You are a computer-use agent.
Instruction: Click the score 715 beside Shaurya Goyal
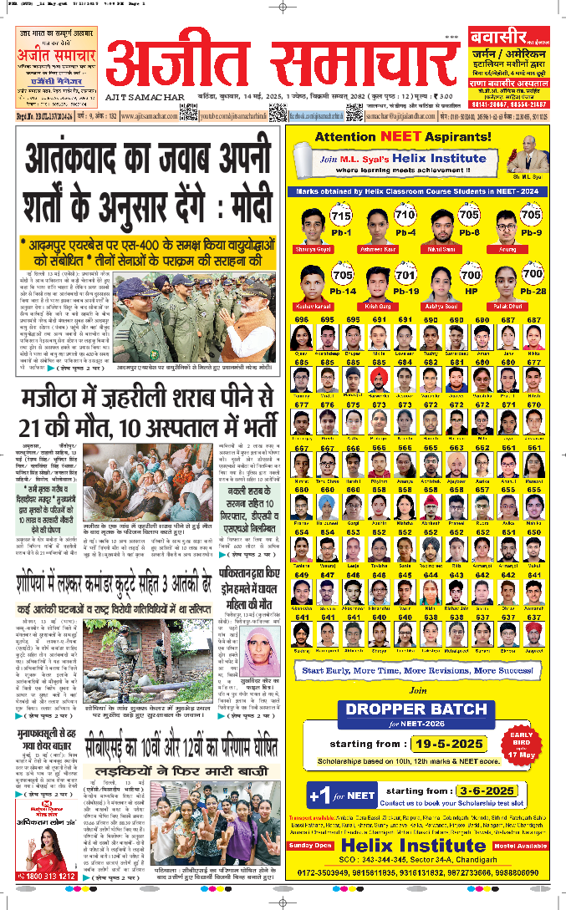pos(340,216)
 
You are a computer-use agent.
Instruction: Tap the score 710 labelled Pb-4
pos(405,216)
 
